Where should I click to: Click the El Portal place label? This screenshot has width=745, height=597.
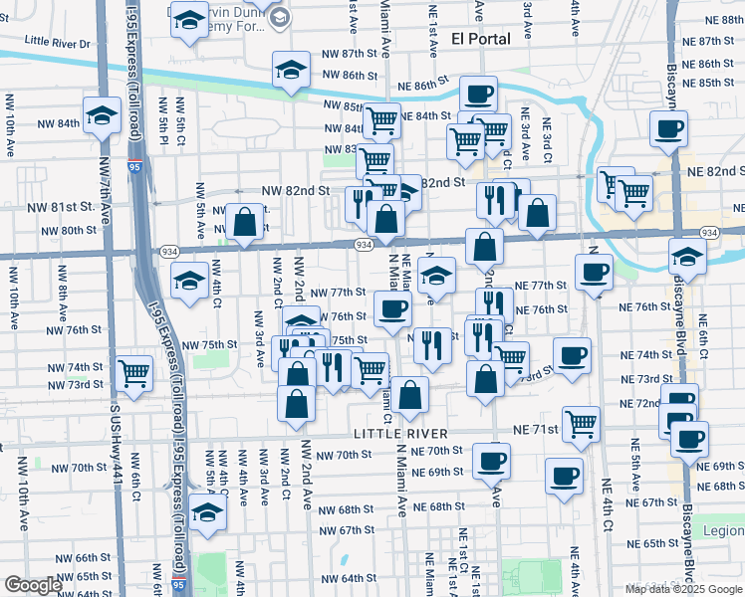[480, 39]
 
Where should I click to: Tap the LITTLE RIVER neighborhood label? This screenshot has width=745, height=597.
[401, 435]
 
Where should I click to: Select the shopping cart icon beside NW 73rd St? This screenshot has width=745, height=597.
[132, 373]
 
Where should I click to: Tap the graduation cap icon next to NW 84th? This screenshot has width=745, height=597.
[101, 115]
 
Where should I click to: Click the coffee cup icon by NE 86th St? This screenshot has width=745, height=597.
[478, 95]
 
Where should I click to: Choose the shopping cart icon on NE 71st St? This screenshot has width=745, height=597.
[582, 424]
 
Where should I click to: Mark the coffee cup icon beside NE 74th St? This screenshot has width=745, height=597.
[572, 356]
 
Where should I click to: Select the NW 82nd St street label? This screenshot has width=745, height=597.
[296, 190]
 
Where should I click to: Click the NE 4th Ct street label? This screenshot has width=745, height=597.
[607, 506]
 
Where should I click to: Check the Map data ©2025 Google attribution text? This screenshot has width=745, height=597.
[682, 589]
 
